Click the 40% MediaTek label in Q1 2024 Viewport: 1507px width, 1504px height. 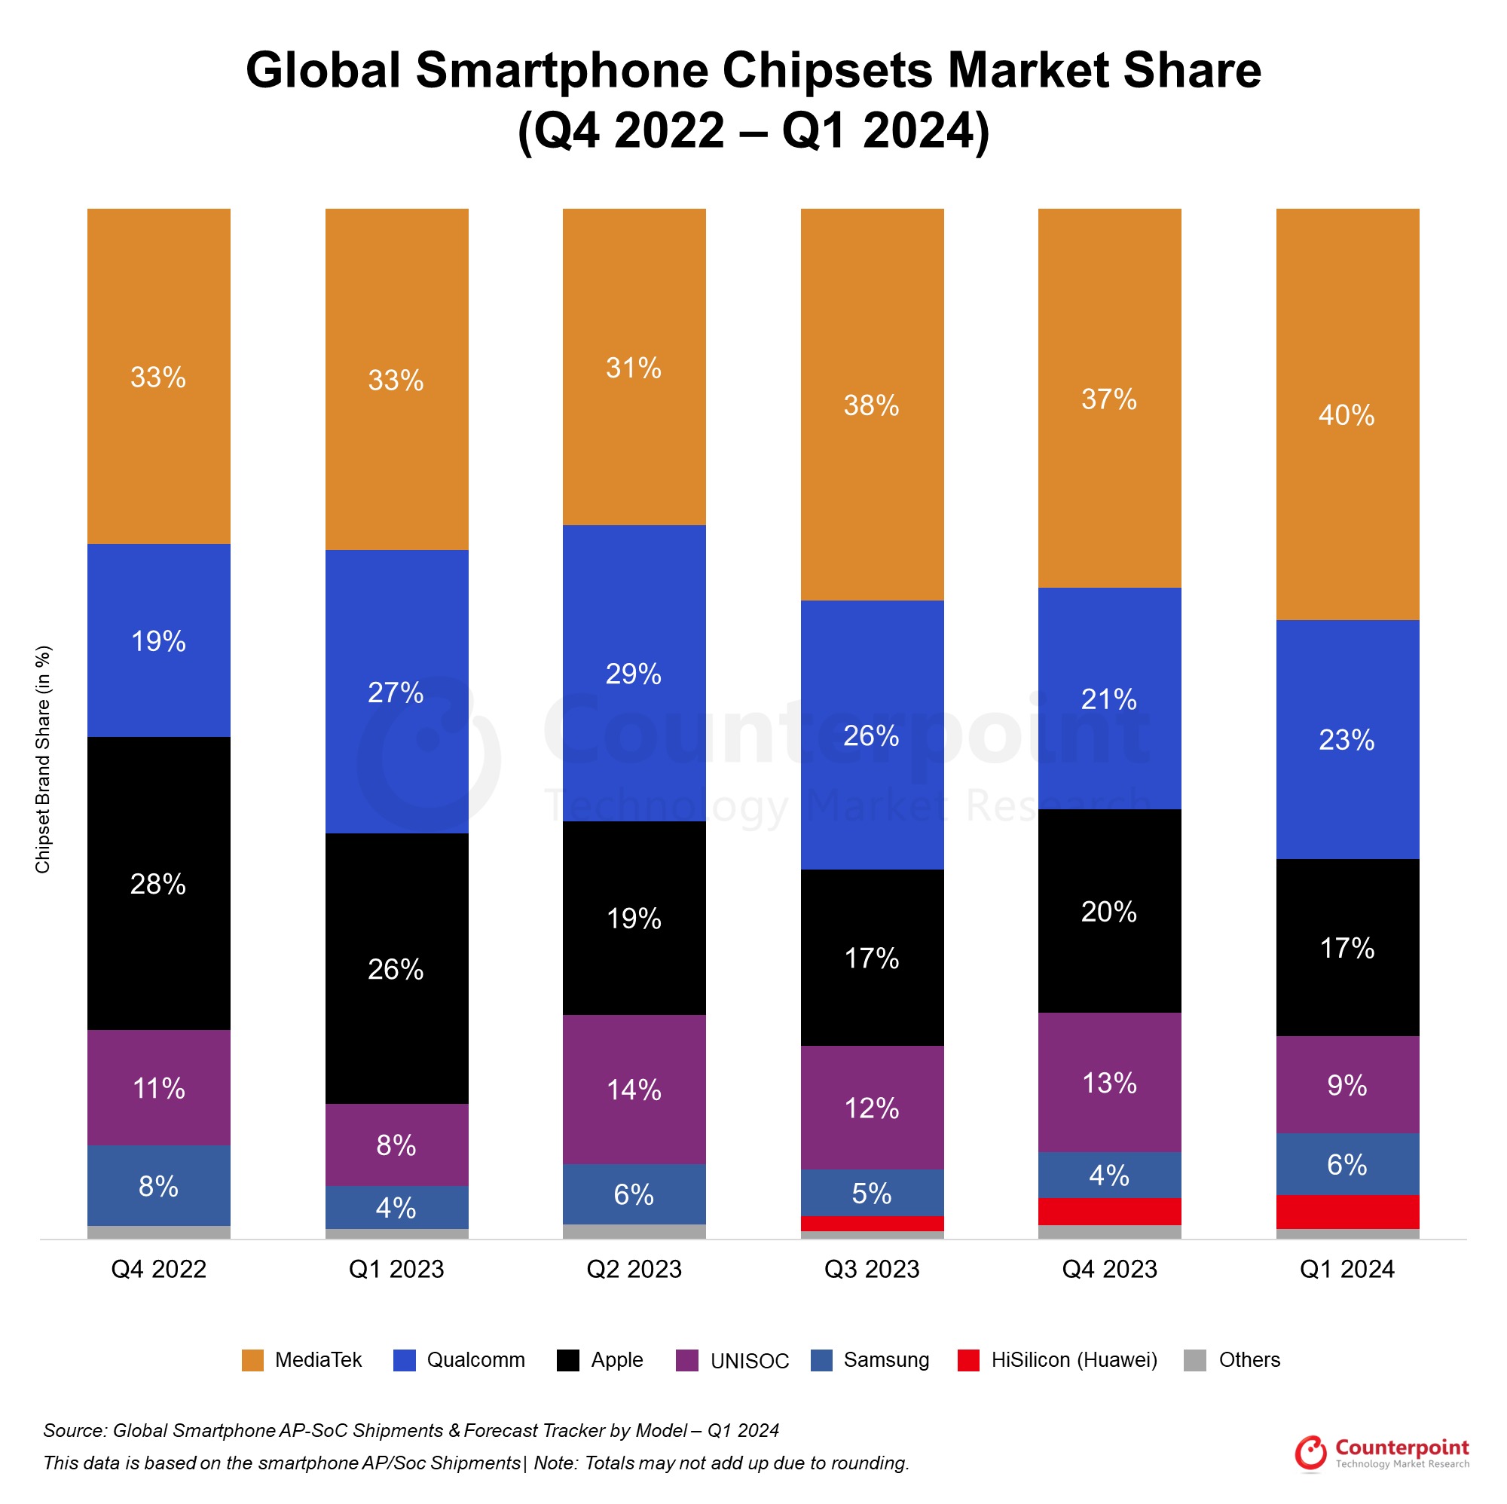[1347, 415]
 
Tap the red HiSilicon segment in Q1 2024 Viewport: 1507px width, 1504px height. [1347, 1212]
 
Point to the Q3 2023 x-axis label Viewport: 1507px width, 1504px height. [871, 1269]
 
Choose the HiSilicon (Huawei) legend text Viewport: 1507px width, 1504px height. [1074, 1359]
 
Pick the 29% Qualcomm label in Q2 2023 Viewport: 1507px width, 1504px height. [634, 674]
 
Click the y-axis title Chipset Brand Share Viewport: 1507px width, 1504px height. [43, 759]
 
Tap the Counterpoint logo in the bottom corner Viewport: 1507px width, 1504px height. [1381, 1453]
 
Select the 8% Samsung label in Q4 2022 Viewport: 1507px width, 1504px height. [158, 1187]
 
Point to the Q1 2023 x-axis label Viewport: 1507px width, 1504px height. [396, 1269]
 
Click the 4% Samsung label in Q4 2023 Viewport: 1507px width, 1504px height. [1109, 1175]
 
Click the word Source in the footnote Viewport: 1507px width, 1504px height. [74, 1431]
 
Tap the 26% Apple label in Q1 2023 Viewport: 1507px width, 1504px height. [396, 970]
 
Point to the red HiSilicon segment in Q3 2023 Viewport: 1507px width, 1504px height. [872, 1223]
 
